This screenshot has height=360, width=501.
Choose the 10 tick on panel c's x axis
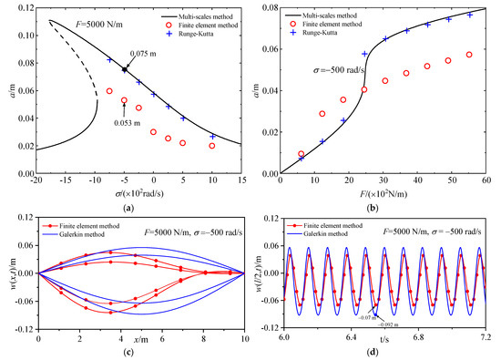(240, 337)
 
